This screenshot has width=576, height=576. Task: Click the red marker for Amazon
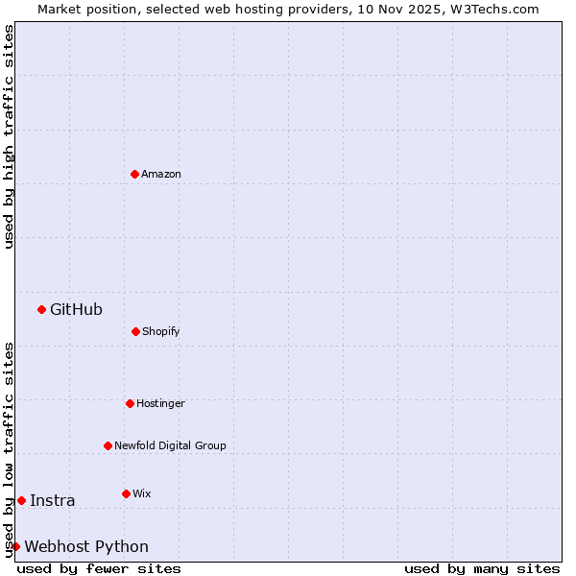pos(134,174)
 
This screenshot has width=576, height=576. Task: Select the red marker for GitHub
pos(41,309)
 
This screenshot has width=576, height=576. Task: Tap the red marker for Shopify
pos(135,331)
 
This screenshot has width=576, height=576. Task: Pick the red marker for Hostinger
pos(130,403)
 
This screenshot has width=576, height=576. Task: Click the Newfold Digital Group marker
pos(108,445)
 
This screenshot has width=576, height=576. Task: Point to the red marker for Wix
pos(126,493)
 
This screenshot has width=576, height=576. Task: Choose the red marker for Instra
pos(21,500)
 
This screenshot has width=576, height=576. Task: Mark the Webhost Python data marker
pos(15,546)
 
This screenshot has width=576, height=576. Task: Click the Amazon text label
pos(161,174)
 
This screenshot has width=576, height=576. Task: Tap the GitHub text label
pos(76,309)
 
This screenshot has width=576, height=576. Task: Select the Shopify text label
pos(161,331)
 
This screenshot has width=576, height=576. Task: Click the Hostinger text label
pos(160,403)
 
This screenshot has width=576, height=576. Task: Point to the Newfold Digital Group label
pos(170,445)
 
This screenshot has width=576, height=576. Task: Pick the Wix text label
pos(142,493)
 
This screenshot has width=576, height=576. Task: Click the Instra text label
pos(52,500)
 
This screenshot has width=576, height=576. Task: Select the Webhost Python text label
pos(86,546)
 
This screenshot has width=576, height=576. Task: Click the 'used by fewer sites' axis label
pos(99,568)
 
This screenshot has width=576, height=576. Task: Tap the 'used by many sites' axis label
pos(482,568)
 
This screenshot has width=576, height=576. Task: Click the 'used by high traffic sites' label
pos(9,136)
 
